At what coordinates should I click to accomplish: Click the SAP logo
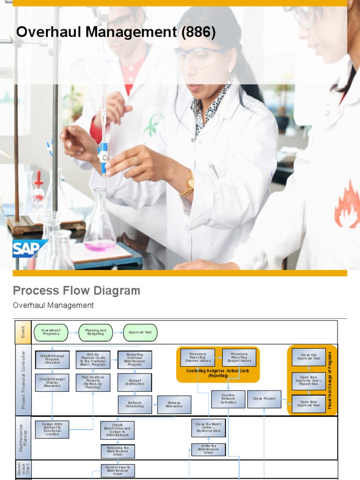pyautogui.click(x=30, y=249)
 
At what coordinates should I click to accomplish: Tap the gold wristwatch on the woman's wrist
pyautogui.click(x=188, y=183)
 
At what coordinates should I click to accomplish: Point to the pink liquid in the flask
pyautogui.click(x=100, y=246)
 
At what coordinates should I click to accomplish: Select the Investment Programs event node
pyautogui.click(x=51, y=332)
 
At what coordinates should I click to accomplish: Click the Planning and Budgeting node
pyautogui.click(x=96, y=332)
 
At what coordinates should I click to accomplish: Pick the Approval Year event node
pyautogui.click(x=140, y=332)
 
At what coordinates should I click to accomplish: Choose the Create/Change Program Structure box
pyautogui.click(x=52, y=360)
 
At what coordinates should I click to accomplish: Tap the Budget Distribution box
pyautogui.click(x=135, y=382)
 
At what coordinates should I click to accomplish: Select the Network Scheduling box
pyautogui.click(x=135, y=405)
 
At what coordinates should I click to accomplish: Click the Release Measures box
pyautogui.click(x=174, y=405)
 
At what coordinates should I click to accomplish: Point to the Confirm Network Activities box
pyautogui.click(x=228, y=399)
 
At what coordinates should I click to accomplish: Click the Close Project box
pyautogui.click(x=264, y=399)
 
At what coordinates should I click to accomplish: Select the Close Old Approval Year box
pyautogui.click(x=308, y=357)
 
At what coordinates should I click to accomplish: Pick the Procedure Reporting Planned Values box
pyautogui.click(x=198, y=357)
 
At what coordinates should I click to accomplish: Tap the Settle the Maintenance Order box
pyautogui.click(x=208, y=450)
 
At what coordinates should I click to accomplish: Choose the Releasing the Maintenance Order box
pyautogui.click(x=118, y=451)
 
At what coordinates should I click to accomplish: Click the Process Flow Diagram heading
pyautogui.click(x=76, y=291)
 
